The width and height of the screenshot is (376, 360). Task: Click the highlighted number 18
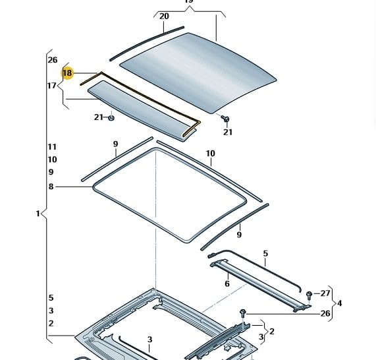pyautogui.click(x=67, y=73)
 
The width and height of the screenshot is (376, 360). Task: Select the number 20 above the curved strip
pyautogui.click(x=164, y=16)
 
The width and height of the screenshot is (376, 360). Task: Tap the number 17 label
pyautogui.click(x=52, y=86)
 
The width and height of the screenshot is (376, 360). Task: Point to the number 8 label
pyautogui.click(x=51, y=187)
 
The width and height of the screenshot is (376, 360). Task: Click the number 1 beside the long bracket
pyautogui.click(x=38, y=214)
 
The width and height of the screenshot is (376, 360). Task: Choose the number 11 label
pyautogui.click(x=52, y=146)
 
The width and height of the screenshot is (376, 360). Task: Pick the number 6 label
pyautogui.click(x=227, y=284)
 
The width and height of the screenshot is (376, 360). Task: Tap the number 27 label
pyautogui.click(x=325, y=293)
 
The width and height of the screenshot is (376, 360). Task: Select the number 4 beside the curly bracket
pyautogui.click(x=340, y=303)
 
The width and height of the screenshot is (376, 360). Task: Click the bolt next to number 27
pyautogui.click(x=309, y=295)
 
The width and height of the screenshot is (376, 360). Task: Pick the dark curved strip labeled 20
pyautogui.click(x=146, y=43)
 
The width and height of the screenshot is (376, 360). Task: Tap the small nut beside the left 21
pyautogui.click(x=111, y=118)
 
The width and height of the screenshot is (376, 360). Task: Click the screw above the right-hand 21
pyautogui.click(x=225, y=119)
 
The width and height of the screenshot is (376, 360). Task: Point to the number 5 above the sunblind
pyautogui.click(x=265, y=253)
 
